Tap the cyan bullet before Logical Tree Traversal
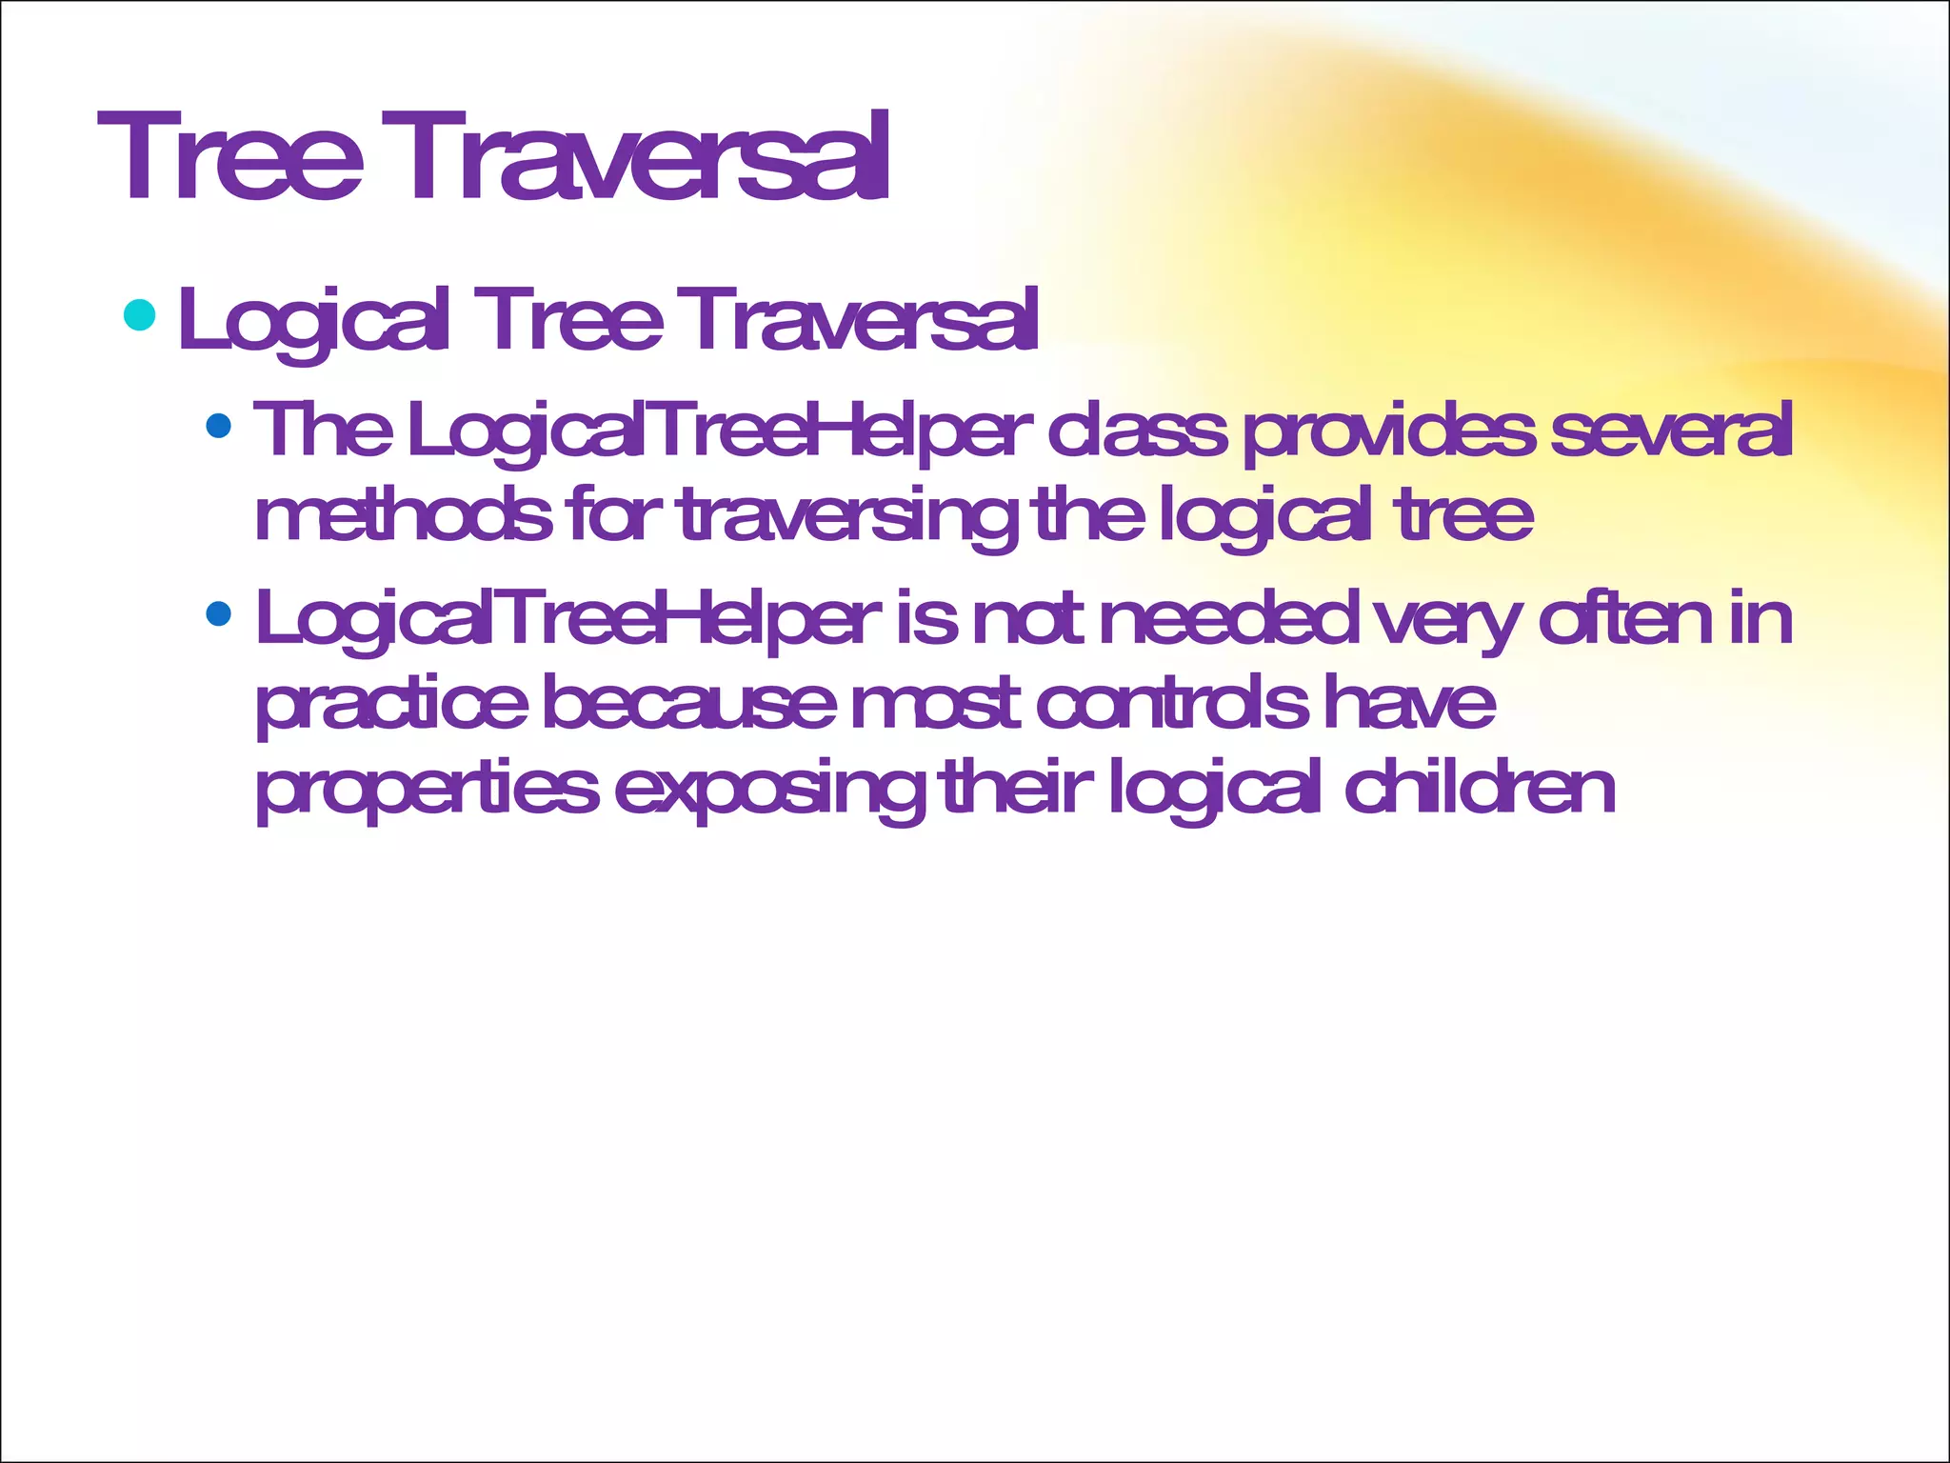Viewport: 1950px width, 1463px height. point(140,314)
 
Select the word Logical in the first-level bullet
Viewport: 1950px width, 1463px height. point(311,320)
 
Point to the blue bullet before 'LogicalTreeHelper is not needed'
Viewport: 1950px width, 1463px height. point(218,613)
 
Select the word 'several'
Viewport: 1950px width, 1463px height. point(1671,430)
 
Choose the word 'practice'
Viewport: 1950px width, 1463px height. point(391,705)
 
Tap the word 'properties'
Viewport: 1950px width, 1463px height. point(428,790)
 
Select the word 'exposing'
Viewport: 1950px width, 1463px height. point(769,790)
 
